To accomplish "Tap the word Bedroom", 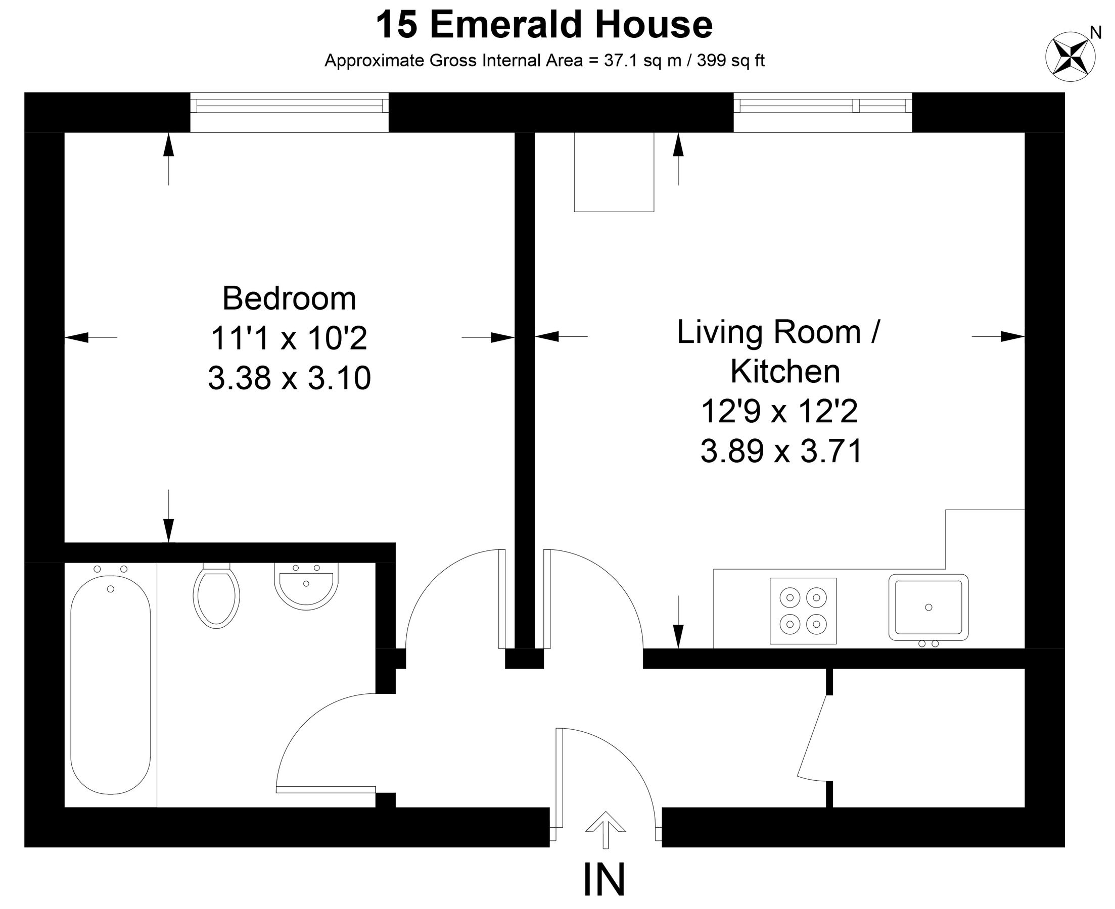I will [x=289, y=298].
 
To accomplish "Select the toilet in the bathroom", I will [x=216, y=597].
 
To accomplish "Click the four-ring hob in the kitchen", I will [x=803, y=611].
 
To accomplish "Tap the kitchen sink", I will [x=928, y=608].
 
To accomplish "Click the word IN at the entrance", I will [x=603, y=880].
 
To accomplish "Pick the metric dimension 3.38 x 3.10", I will [x=289, y=378].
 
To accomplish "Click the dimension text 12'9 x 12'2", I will [x=779, y=411].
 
